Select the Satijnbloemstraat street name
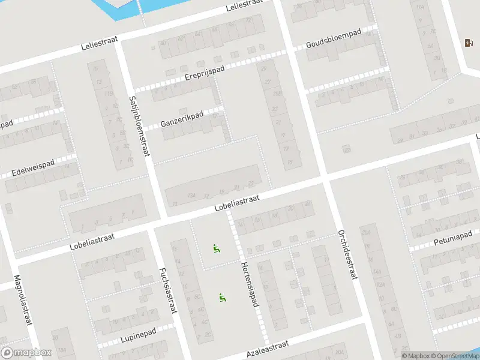pyautogui.click(x=138, y=126)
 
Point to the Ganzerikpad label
pyautogui.click(x=182, y=119)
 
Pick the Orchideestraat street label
pyautogui.click(x=347, y=254)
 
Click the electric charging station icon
pyautogui.click(x=469, y=43)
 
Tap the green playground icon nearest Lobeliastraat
pyautogui.click(x=215, y=248)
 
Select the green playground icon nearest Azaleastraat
pyautogui.click(x=223, y=296)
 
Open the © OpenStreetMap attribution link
pyautogui.click(x=453, y=356)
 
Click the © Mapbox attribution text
pyautogui.click(x=415, y=356)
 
